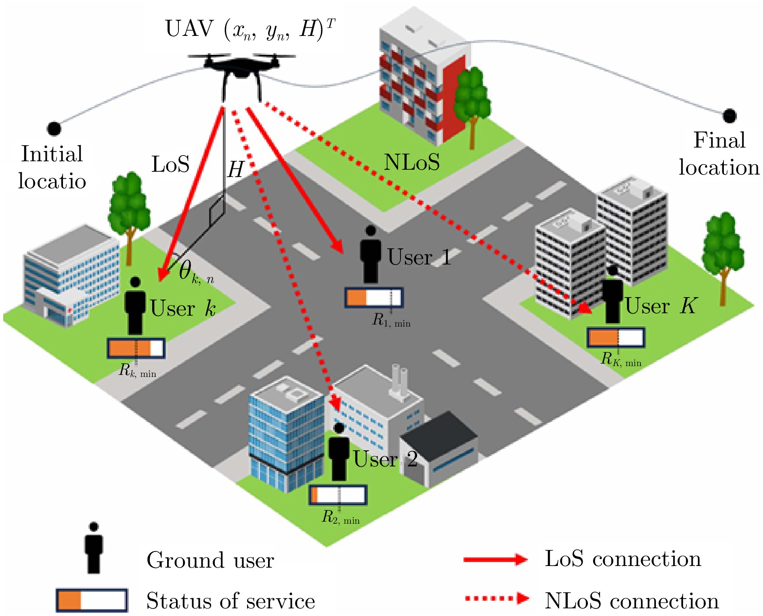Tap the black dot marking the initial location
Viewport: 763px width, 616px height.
coord(54,129)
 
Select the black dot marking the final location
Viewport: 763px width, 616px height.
coord(729,116)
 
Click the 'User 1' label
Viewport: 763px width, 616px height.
coord(419,257)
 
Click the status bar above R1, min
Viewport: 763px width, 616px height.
coord(373,298)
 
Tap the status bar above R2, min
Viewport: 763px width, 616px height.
coord(338,495)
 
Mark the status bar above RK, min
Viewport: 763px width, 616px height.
coord(616,337)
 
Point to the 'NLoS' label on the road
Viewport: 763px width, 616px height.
coord(411,162)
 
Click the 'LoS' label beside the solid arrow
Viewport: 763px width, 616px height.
coord(170,164)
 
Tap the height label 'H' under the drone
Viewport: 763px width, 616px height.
coord(236,169)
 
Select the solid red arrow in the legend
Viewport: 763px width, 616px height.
coord(495,560)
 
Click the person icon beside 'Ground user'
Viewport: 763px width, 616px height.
coord(94,548)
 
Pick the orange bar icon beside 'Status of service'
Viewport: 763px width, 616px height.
coord(92,600)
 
